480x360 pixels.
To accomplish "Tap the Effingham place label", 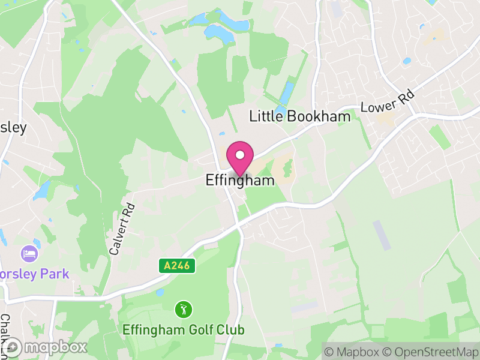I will click(x=240, y=179).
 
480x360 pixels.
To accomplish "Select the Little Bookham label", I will click(x=299, y=116).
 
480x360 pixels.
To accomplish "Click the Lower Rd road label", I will click(x=388, y=104).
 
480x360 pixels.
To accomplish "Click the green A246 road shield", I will click(x=178, y=265).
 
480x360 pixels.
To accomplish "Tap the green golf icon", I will click(x=183, y=310).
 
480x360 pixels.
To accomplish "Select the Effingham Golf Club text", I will click(x=183, y=329).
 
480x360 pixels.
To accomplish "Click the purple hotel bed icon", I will click(x=28, y=254).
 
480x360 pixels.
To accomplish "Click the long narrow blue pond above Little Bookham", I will click(x=286, y=93).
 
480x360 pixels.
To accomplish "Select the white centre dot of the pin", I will click(x=240, y=154).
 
